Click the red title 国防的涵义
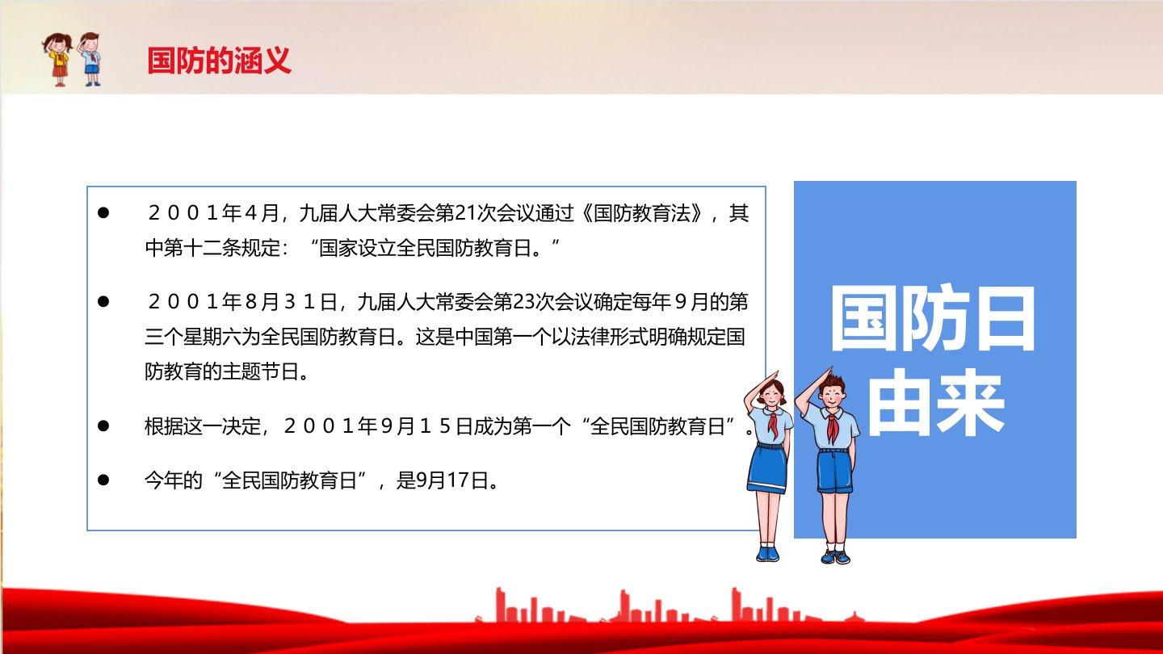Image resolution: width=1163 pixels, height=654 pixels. point(219,61)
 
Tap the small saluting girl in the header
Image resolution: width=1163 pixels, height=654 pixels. point(57,59)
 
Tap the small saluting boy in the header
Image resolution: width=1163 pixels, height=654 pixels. point(90,59)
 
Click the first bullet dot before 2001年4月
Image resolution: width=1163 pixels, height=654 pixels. point(103,212)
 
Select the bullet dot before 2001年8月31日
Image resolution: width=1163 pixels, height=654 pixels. point(103,301)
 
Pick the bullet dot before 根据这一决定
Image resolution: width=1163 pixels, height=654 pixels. point(103,426)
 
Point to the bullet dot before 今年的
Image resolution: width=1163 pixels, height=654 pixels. point(103,480)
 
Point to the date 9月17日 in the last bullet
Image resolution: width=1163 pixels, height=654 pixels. point(452,480)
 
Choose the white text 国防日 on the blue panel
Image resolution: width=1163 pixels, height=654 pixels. point(933,319)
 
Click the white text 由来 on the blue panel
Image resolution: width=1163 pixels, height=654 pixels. point(935,403)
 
